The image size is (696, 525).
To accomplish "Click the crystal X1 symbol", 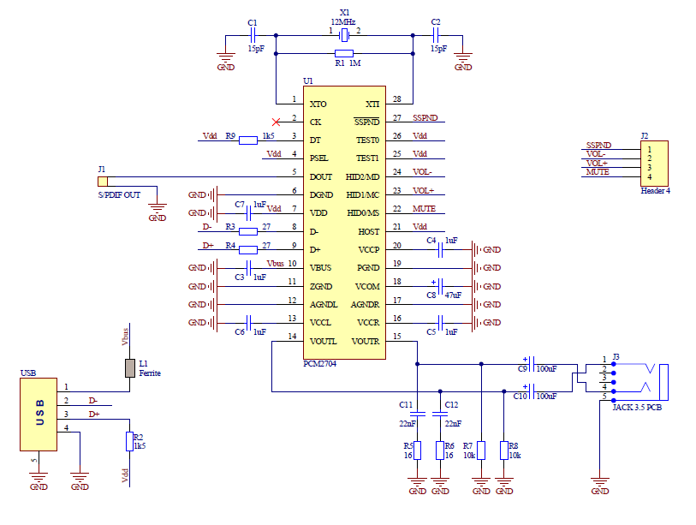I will (344, 35).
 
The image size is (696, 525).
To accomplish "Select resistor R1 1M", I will (344, 53).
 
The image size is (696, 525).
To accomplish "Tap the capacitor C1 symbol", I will (253, 35).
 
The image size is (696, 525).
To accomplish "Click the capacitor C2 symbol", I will (436, 35).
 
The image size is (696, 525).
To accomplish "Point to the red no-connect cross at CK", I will (275, 121).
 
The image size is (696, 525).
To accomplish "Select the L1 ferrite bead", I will (130, 367).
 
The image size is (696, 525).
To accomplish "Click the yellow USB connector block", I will (39, 414).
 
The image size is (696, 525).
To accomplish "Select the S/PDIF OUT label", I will (120, 195).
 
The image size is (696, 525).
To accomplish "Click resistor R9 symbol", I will (248, 140).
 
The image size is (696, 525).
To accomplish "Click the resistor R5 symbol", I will (417, 450).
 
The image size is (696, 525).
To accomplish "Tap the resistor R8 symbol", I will (503, 450).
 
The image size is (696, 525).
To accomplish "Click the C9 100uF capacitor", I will (532, 363).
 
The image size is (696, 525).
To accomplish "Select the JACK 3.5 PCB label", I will (636, 407).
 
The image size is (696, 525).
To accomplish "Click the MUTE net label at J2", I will (598, 172).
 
